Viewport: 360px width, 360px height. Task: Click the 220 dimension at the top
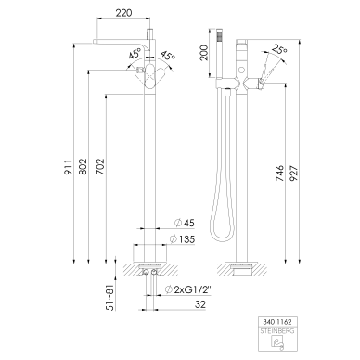coord(123,13)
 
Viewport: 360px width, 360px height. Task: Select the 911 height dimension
coord(69,167)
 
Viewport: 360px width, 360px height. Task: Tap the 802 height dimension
coord(83,167)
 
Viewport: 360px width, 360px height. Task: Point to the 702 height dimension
coord(100,167)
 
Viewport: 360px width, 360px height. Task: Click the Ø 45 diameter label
coord(185,223)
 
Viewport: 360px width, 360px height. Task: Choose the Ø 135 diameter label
coord(182,239)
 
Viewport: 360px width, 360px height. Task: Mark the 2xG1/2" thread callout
coord(188,289)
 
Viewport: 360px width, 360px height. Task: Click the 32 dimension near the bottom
coord(200,304)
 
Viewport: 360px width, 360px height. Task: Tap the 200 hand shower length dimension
coord(205,53)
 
